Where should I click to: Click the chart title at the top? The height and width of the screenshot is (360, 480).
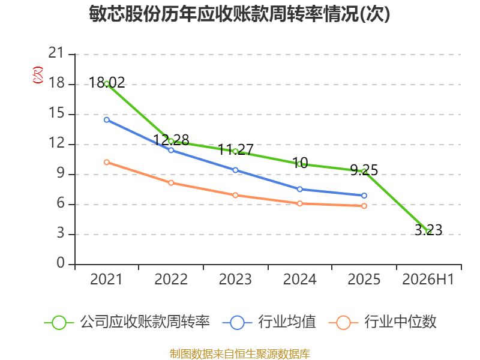click(239, 13)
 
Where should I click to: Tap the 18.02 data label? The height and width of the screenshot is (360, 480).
click(107, 83)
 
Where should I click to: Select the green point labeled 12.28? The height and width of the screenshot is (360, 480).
click(171, 141)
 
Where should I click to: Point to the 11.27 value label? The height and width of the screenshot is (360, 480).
click(236, 149)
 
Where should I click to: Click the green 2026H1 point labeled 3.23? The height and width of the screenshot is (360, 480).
click(428, 232)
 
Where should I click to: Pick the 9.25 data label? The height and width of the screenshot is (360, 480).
click(364, 170)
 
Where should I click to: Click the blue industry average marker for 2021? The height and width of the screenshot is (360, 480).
click(107, 119)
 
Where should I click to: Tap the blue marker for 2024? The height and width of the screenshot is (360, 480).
click(299, 189)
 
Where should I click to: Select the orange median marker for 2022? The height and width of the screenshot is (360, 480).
click(171, 183)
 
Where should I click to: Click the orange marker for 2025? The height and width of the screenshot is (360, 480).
click(364, 206)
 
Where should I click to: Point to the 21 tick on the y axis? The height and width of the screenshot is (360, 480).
click(56, 53)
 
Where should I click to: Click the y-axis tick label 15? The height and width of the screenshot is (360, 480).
click(56, 113)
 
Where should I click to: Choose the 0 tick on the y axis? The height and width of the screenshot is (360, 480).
click(61, 263)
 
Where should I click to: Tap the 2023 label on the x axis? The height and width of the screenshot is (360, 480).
click(235, 280)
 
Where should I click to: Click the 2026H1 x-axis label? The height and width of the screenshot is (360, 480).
click(428, 280)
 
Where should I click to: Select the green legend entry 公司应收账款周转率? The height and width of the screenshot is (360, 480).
click(127, 322)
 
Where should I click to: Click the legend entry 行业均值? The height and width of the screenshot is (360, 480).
click(269, 322)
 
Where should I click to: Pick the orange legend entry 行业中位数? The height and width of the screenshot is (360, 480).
click(382, 322)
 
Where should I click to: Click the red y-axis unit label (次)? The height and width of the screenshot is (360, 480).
click(38, 75)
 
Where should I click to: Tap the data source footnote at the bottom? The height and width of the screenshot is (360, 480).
click(239, 354)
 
